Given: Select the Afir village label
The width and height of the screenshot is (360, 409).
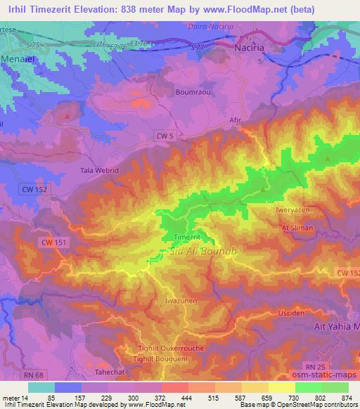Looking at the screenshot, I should [236, 119].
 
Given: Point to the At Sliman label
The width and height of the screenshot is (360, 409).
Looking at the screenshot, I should [295, 228].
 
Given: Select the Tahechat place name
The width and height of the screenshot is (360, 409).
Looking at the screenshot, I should [109, 372].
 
